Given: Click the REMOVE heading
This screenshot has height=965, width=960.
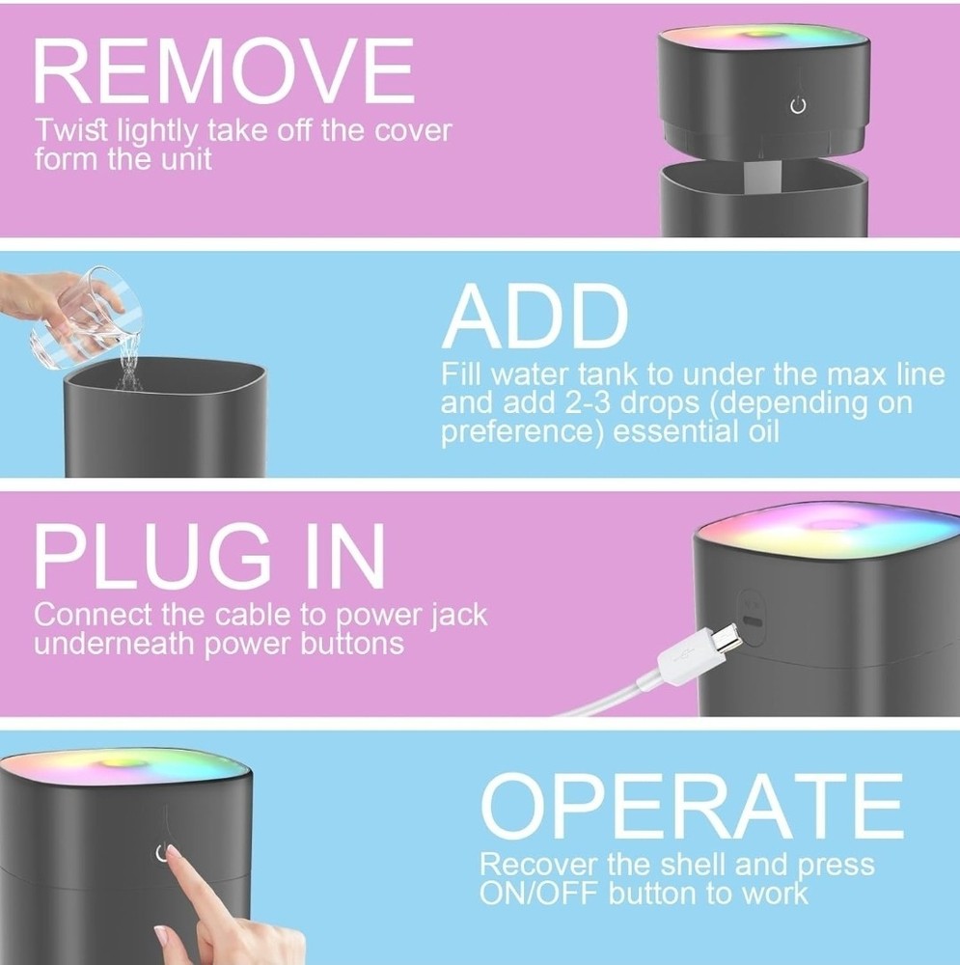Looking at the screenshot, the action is click(x=224, y=70).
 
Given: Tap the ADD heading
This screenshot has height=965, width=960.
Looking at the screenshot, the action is click(x=535, y=316).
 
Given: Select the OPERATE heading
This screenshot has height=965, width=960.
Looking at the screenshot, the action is click(x=692, y=806).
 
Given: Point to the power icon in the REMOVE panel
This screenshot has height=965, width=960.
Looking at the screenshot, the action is click(x=798, y=106).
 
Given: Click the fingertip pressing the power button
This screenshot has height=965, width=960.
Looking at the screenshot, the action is click(x=173, y=853).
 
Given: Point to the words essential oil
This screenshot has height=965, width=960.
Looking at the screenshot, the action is click(x=696, y=430).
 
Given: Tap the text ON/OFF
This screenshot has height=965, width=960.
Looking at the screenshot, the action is click(x=538, y=893).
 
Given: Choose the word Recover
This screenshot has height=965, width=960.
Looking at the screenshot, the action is click(x=538, y=864).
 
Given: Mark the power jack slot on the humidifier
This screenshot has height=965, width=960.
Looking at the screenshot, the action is click(x=754, y=621).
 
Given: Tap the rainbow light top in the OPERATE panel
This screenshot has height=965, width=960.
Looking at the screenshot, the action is click(x=123, y=767).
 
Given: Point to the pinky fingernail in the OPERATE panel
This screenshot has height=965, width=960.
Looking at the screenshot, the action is click(x=161, y=936).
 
